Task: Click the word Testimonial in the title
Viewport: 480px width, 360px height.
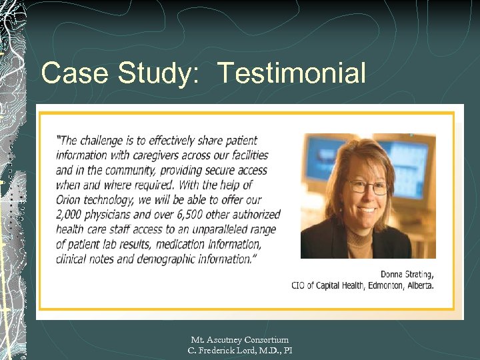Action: (x=291, y=73)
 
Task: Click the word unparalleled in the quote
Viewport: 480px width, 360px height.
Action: (x=217, y=229)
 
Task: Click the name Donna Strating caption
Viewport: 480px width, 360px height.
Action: (x=407, y=274)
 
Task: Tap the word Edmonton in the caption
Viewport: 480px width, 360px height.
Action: (x=383, y=285)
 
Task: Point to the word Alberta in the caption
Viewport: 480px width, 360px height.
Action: (x=419, y=285)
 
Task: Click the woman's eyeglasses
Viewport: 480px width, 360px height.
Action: (x=367, y=187)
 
